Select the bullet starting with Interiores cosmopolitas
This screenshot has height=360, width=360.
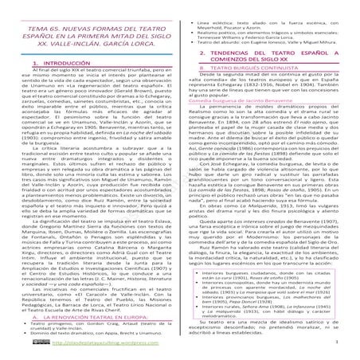pos(271,288)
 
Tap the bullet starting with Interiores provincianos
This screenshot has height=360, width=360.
pos(271,303)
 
